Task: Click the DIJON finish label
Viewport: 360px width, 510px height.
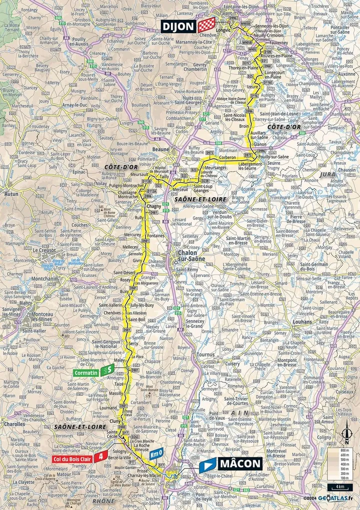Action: click(179, 26)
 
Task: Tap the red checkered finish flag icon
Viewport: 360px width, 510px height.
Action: click(206, 26)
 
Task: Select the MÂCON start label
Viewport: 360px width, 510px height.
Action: click(239, 463)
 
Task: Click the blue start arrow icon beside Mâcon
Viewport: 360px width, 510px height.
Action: click(207, 464)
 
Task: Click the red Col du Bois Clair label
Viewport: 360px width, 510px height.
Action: click(73, 456)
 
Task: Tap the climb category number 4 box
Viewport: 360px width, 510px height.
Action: click(102, 456)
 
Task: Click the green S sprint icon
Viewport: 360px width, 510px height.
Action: click(106, 371)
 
